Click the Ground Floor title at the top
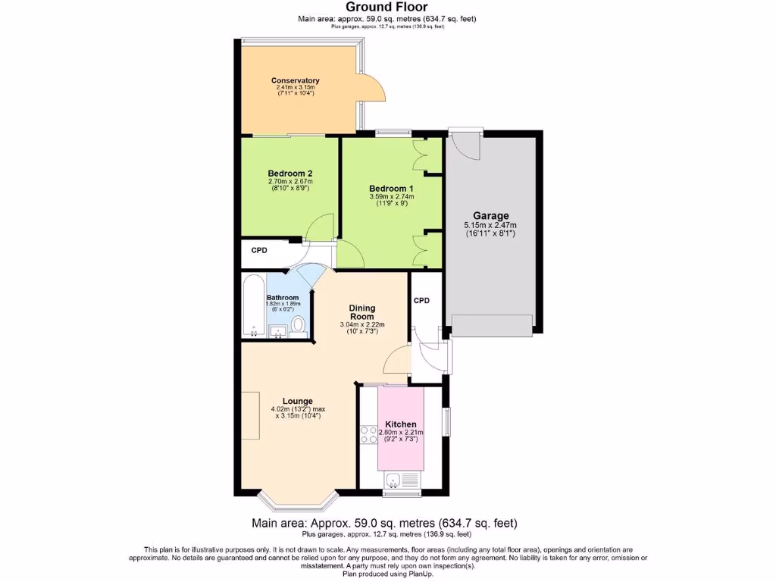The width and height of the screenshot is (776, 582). pos(387,7)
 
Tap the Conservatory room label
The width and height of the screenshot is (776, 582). pos(295,80)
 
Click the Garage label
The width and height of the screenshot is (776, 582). pos(491,216)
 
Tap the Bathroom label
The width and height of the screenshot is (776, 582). pos(283,298)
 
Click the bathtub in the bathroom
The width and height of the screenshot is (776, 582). pos(253,307)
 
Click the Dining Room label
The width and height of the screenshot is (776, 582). pos(362,312)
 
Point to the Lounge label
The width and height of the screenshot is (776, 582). pos(298,401)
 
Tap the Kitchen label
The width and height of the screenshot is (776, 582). pos(400,424)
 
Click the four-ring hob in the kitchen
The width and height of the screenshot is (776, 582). pos(369,434)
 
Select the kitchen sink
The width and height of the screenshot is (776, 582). pos(394,480)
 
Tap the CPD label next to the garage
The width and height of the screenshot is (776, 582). pos(421,300)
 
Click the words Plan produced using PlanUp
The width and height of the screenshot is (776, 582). pos(387,574)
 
